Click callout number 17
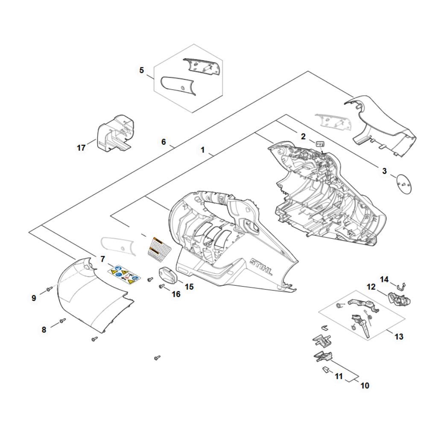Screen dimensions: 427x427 coord(81,148)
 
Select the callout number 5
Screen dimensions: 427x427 coord(142,70)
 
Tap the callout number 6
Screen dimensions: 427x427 coord(164,142)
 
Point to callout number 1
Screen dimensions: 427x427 coord(203,150)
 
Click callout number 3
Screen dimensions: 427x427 coord(384,171)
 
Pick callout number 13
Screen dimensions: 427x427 coord(398,336)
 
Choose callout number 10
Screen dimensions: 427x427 coord(365,386)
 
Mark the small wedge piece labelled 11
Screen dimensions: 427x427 coord(326,369)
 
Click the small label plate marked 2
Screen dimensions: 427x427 coord(319,144)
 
